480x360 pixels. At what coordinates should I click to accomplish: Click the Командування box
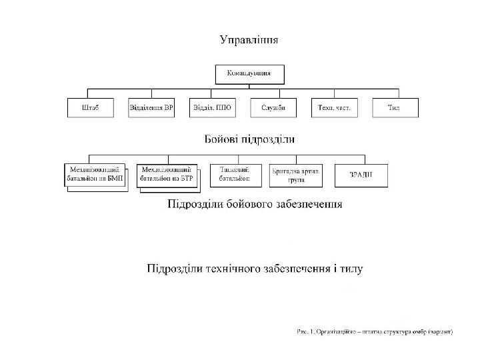click(249, 73)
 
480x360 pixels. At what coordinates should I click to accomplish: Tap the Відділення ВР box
click(151, 108)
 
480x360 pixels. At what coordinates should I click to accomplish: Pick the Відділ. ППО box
click(212, 108)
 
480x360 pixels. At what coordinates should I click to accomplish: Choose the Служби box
click(273, 108)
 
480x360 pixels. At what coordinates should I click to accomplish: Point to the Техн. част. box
click(334, 108)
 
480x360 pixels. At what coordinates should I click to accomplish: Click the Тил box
click(394, 108)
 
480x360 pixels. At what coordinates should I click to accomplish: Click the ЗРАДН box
click(361, 175)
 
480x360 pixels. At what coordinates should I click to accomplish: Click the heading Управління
click(249, 40)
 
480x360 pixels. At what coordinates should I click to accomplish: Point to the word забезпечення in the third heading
click(308, 205)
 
